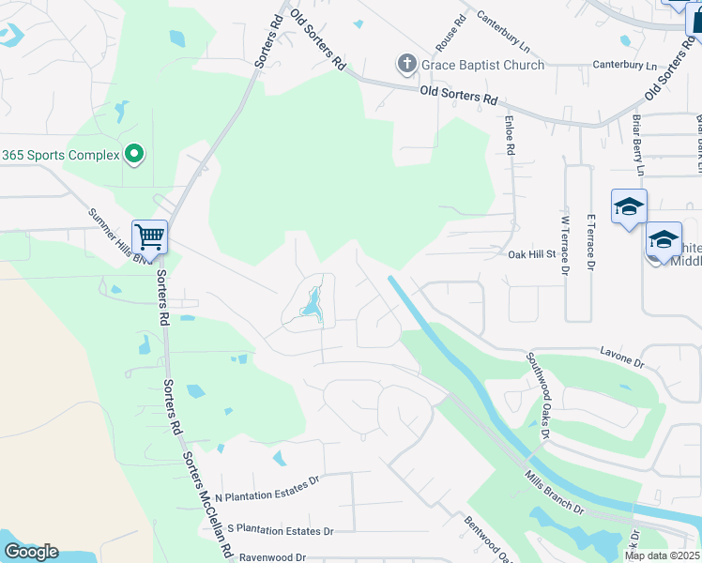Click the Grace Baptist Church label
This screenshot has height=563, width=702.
click(x=482, y=65)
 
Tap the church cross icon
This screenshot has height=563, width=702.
click(x=406, y=65)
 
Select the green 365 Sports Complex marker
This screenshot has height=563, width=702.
click(x=134, y=154)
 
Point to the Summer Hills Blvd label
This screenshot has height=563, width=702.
click(x=120, y=236)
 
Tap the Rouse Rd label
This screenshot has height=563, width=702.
click(x=450, y=33)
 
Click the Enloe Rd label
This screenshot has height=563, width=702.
click(x=509, y=135)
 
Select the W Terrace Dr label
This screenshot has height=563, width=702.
click(x=566, y=243)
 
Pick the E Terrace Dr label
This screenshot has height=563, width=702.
click(x=590, y=243)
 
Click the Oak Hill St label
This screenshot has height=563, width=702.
click(x=532, y=254)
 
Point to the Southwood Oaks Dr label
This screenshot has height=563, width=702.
click(x=536, y=395)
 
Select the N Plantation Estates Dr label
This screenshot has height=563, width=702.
click(x=267, y=488)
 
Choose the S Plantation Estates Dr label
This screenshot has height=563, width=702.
click(x=281, y=529)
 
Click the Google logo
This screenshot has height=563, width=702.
click(x=30, y=552)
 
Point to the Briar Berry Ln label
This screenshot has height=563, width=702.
click(x=637, y=145)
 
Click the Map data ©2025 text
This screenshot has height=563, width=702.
click(x=662, y=555)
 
